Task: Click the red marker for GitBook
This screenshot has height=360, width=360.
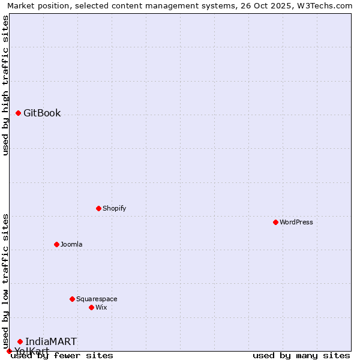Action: [x=18, y=113]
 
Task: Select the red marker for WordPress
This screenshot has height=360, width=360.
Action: [x=275, y=222]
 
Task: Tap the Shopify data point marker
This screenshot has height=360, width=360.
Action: [x=98, y=208]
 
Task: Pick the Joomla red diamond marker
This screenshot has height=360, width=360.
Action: [x=56, y=244]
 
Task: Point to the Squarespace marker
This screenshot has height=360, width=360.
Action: [x=72, y=299]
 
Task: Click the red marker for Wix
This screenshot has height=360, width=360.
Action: [x=91, y=307]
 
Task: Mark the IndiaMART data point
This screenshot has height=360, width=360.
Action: [x=20, y=341]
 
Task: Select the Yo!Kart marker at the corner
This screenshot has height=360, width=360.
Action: [x=9, y=351]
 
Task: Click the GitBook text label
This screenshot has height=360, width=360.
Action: [x=42, y=113]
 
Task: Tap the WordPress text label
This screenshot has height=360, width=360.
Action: [x=296, y=223]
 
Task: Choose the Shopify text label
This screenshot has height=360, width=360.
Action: [x=114, y=209]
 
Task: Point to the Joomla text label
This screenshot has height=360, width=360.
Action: [x=71, y=245]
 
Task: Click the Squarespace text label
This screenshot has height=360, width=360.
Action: [x=97, y=299]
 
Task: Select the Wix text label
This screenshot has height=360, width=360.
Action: [x=101, y=308]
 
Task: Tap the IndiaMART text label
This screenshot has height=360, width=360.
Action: [x=51, y=342]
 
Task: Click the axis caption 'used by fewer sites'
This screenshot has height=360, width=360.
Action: [x=62, y=356]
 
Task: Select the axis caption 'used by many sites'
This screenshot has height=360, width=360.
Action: [x=301, y=356]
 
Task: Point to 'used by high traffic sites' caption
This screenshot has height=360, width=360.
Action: [x=5, y=85]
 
